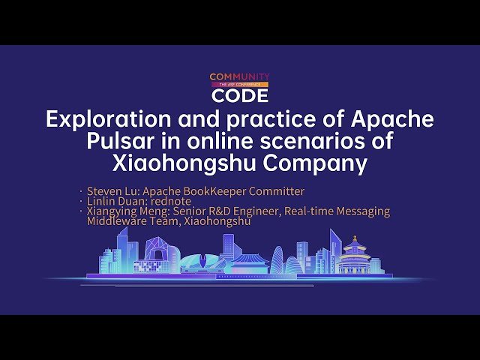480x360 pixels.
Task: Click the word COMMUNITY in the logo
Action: click(239, 76)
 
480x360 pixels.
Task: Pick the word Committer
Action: click(278, 190)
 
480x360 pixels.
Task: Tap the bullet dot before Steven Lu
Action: click(81, 192)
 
